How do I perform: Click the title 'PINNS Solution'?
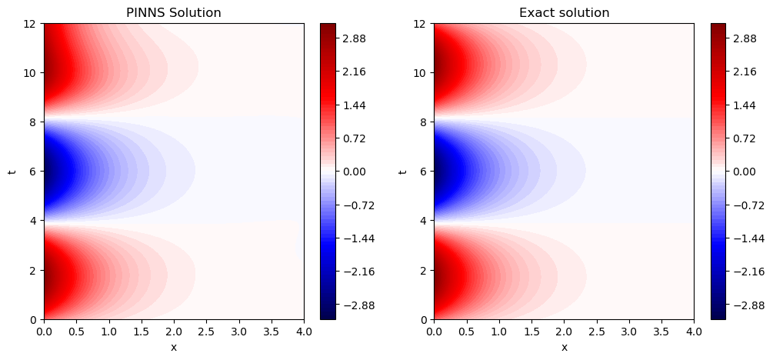tap(173, 12)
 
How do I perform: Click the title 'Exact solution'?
tap(564, 12)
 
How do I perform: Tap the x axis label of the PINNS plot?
tap(173, 347)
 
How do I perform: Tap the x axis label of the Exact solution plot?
tap(564, 347)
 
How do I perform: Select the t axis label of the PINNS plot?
tap(12, 171)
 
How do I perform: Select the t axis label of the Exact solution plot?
tap(403, 171)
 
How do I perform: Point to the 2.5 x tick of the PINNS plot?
tap(206, 332)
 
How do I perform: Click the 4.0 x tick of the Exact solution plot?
tap(694, 332)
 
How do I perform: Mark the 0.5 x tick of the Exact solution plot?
tap(466, 332)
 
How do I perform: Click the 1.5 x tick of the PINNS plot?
tap(142, 332)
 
